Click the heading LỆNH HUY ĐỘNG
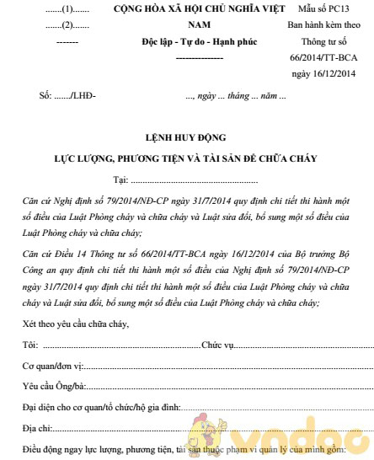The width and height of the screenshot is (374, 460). point(186,137)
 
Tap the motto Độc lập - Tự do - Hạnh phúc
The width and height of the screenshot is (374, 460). point(192,41)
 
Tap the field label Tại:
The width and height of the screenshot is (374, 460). point(120,179)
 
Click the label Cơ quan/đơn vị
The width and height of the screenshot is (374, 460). point(52,366)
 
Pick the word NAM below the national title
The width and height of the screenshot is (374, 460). point(192,25)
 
